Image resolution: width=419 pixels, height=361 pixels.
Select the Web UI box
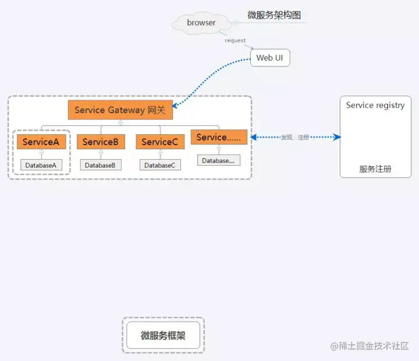[270, 58]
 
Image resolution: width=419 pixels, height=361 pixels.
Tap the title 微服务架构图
[274, 15]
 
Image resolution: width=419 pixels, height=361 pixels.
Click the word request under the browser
[235, 40]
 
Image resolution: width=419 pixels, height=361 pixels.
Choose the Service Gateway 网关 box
[120, 110]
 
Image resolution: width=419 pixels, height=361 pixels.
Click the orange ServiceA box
[41, 142]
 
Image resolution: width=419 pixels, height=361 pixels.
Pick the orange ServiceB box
[101, 142]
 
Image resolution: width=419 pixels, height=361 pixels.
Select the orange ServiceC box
[160, 142]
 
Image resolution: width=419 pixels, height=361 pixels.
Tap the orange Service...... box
[219, 137]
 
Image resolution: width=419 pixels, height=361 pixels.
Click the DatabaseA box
[41, 165]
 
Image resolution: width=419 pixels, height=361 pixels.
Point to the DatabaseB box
[101, 165]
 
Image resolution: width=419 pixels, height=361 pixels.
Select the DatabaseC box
[160, 165]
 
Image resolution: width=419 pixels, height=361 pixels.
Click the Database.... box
[218, 160]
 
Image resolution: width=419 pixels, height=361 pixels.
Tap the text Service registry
[375, 105]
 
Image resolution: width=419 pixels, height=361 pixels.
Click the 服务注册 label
[375, 169]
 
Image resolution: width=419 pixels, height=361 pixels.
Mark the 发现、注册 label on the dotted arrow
[295, 138]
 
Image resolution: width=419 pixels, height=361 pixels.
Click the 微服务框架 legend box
[163, 335]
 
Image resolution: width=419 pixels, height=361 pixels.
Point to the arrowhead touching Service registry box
[337, 137]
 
